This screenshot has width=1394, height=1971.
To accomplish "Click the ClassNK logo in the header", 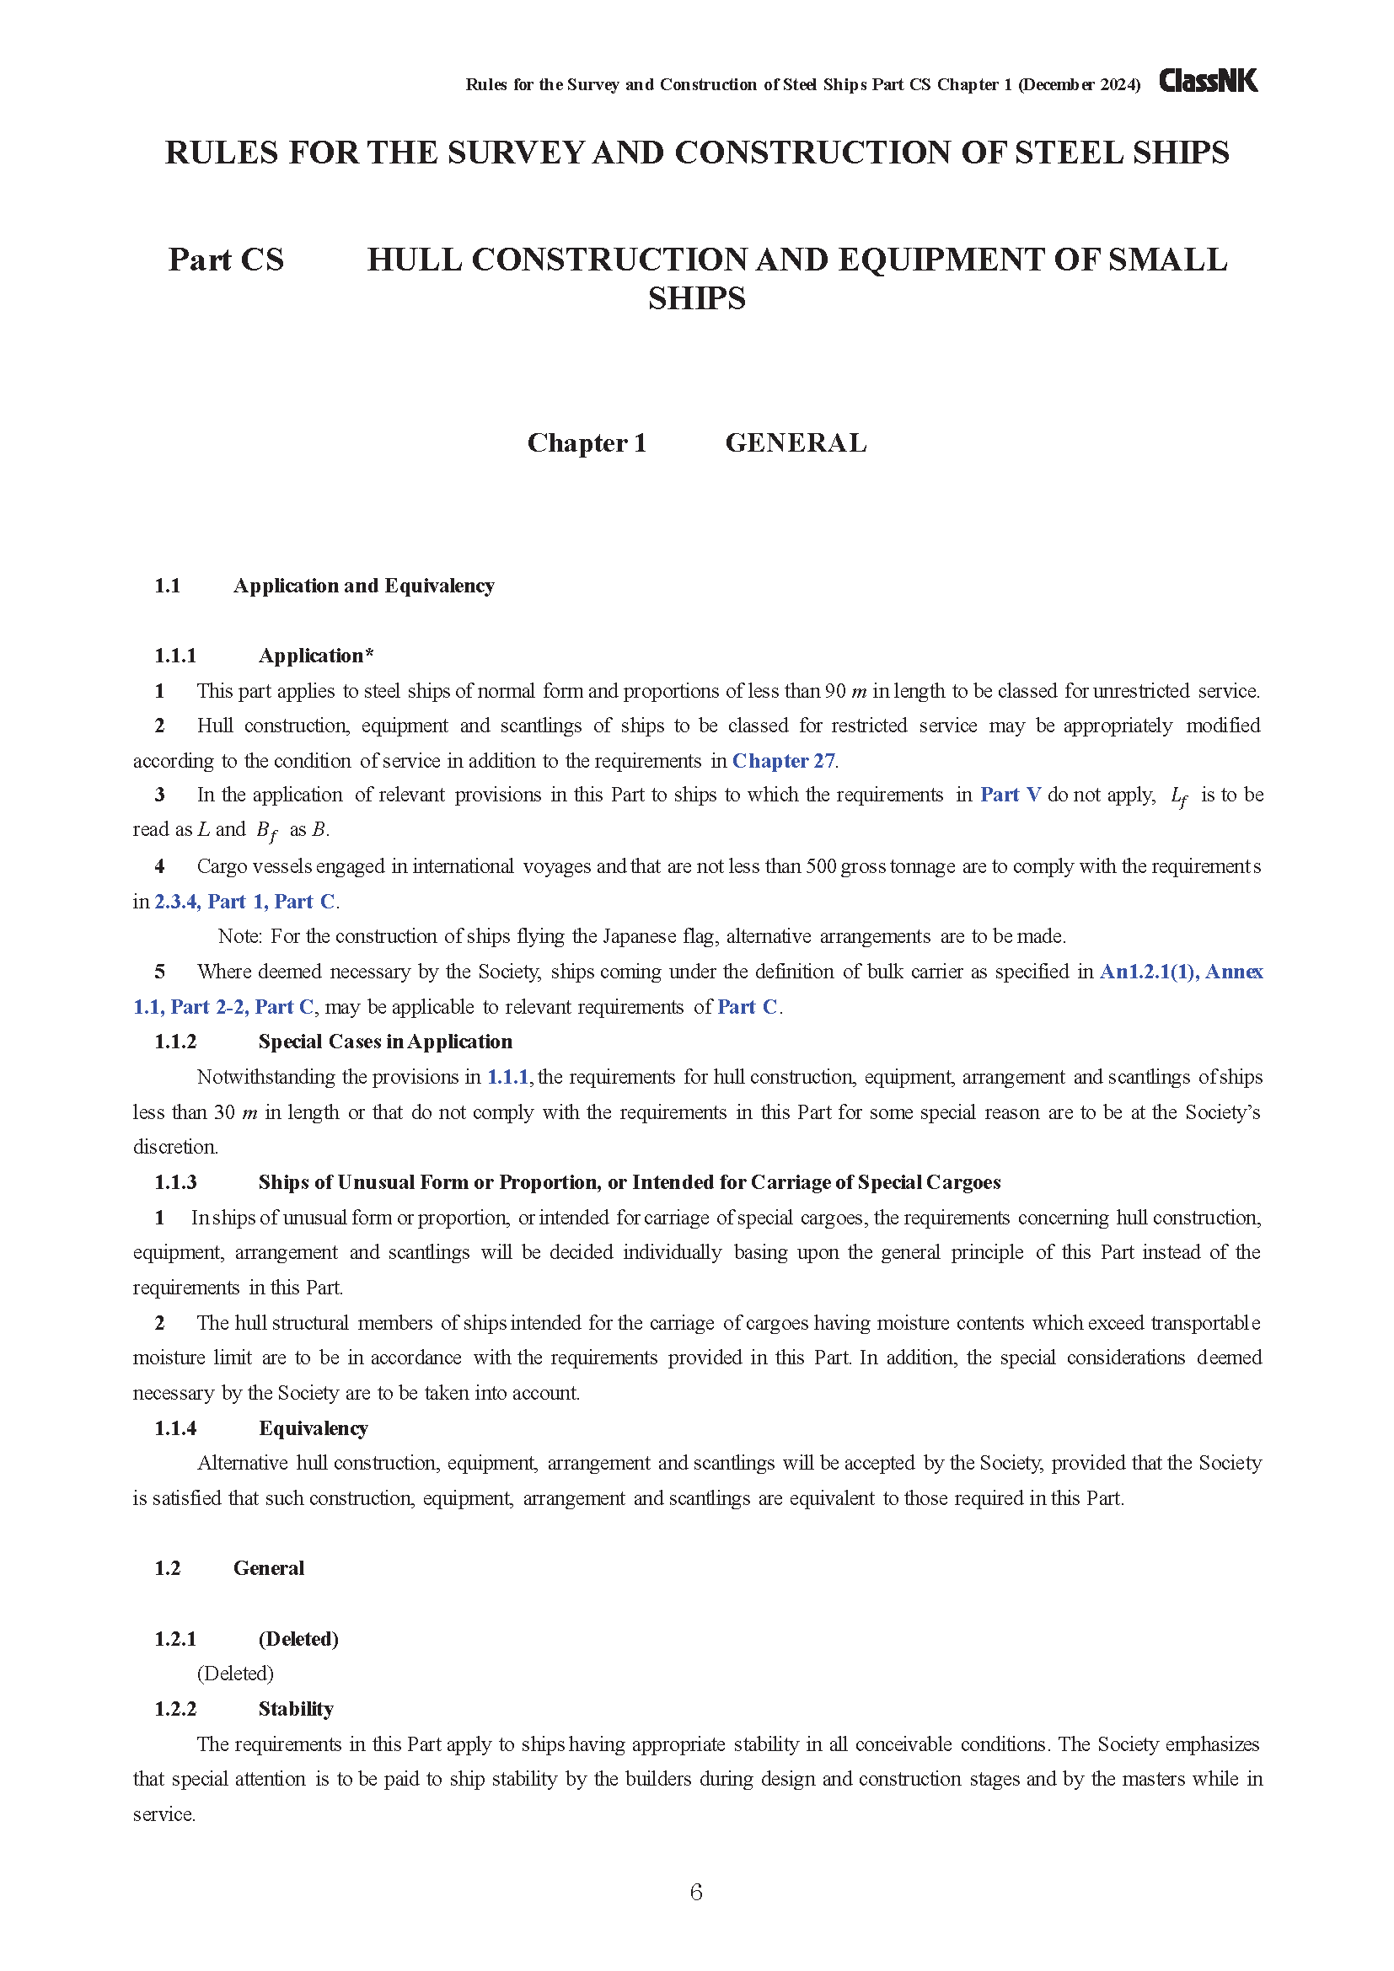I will click(x=1208, y=81).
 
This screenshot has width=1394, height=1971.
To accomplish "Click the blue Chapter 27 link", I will click(x=783, y=761).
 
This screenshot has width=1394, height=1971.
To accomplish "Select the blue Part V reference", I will click(x=1011, y=795).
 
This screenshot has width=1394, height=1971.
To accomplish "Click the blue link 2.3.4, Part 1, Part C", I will click(x=244, y=902).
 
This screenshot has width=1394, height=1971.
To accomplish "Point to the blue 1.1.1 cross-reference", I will click(x=507, y=1076).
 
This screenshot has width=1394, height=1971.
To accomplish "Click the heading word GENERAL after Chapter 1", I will click(x=796, y=443).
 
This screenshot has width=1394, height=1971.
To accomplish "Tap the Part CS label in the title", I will click(x=226, y=260).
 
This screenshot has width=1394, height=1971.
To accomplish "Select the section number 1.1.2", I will click(x=175, y=1042).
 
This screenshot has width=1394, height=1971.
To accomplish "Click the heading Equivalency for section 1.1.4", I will click(x=314, y=1427).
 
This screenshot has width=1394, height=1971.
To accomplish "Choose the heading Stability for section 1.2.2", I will click(x=295, y=1708).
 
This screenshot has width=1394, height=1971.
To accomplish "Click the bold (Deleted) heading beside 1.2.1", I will click(x=298, y=1639).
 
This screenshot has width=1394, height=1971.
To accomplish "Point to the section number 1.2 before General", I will click(x=168, y=1568).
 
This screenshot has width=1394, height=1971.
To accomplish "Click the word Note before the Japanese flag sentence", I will click(x=239, y=935).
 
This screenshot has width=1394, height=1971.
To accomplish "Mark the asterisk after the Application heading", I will click(x=369, y=655).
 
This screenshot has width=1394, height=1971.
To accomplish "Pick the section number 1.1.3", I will click(x=175, y=1182).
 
